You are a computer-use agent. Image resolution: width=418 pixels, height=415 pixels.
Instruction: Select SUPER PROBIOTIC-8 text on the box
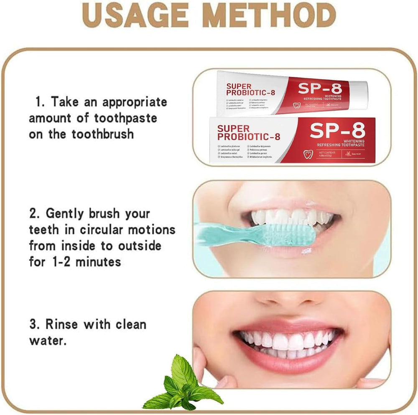pyautogui.click(x=249, y=132)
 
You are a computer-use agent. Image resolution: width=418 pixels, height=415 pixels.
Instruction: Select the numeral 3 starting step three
pyautogui.click(x=32, y=324)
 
